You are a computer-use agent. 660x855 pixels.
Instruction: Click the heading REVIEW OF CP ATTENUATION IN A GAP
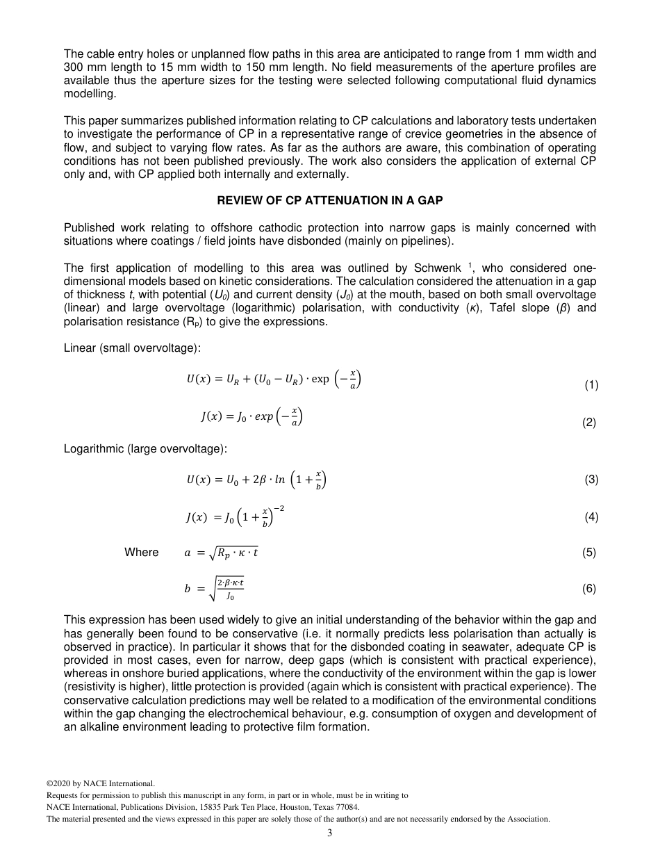[330, 200]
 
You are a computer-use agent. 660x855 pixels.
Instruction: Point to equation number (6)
[589, 589]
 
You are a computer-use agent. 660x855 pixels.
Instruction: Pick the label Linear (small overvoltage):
[132, 348]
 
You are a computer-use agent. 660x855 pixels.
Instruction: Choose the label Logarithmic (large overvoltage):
[145, 449]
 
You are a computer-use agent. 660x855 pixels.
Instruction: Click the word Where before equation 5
[141, 553]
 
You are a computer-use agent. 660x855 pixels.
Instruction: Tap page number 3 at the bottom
[330, 833]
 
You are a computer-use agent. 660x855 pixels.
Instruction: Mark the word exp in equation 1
[320, 380]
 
